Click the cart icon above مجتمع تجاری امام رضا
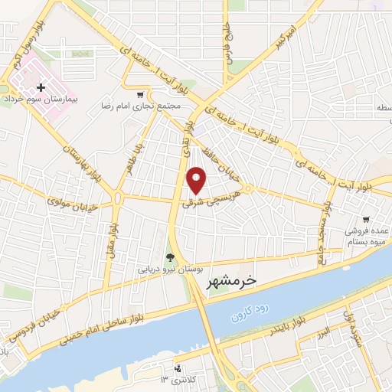point(139,94)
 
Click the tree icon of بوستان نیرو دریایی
point(170,258)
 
